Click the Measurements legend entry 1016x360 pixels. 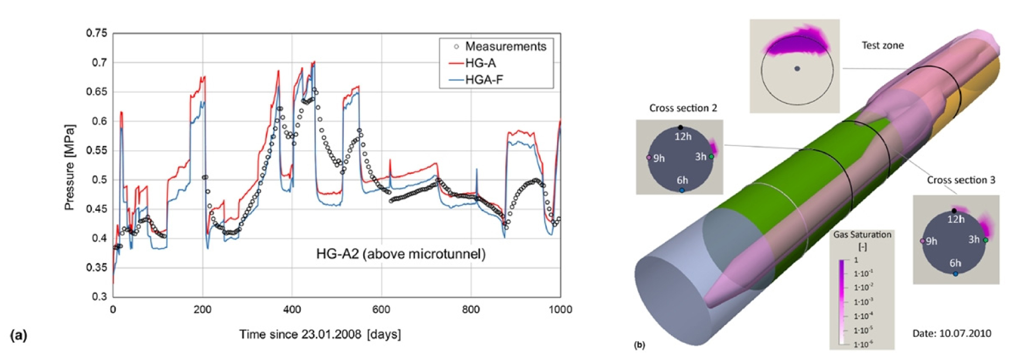point(505,46)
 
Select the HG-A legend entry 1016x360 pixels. point(480,63)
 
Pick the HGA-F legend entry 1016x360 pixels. point(484,80)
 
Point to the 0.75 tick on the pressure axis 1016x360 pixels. point(97,33)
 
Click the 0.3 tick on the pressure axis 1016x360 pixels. point(99,297)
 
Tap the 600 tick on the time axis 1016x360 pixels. point(381,309)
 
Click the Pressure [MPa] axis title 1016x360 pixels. point(69,167)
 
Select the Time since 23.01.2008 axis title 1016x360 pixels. point(320,335)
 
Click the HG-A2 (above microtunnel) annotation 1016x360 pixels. point(400,254)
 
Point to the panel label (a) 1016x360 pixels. point(18,335)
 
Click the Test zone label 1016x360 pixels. point(883,46)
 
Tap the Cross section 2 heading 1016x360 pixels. point(683,108)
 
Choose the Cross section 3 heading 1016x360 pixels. point(961,180)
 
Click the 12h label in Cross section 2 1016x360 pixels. point(683,137)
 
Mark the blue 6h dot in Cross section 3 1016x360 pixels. point(955,274)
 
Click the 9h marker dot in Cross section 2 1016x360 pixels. point(649,158)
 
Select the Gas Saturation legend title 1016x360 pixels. point(862,240)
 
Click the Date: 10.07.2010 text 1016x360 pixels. point(951,334)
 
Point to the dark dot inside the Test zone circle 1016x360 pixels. point(797,69)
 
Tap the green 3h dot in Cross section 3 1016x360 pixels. point(986,240)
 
